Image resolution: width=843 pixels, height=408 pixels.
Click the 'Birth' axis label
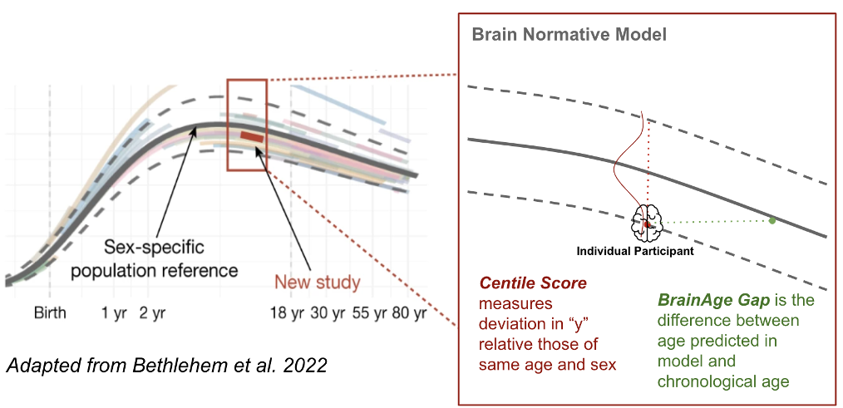pyautogui.click(x=50, y=315)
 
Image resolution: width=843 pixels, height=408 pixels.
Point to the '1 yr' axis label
pyautogui.click(x=115, y=315)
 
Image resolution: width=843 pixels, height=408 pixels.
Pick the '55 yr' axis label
pyautogui.click(x=367, y=315)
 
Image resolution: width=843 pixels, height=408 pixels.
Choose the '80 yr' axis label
pyautogui.click(x=408, y=315)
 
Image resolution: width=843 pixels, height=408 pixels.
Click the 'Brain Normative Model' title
pyautogui.click(x=569, y=36)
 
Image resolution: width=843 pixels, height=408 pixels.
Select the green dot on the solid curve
pyautogui.click(x=772, y=220)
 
